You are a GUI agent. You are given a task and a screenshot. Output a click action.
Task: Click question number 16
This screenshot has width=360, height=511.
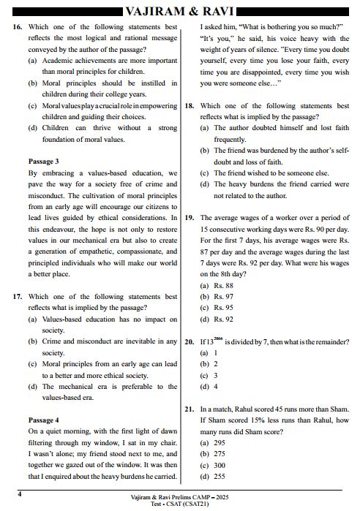tap(18, 26)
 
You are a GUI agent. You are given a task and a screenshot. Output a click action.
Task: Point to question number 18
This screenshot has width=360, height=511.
tap(190, 106)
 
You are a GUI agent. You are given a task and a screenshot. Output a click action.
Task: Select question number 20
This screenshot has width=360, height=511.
tap(190, 341)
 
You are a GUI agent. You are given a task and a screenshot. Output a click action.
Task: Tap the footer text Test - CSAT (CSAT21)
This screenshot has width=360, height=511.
tap(179, 504)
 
